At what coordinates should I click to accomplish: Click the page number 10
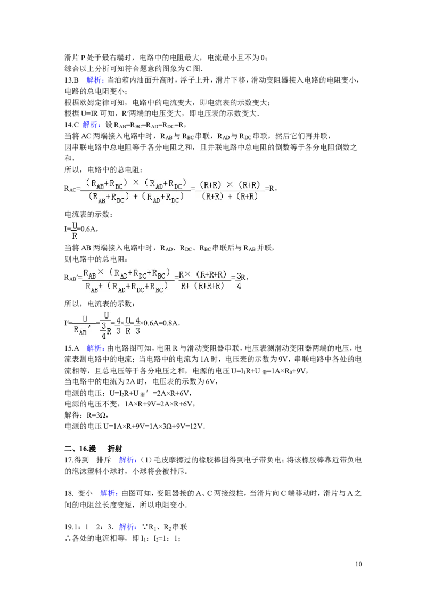tap(358, 564)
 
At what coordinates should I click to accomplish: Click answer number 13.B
tap(71, 80)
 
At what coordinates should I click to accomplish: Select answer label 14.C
tap(71, 125)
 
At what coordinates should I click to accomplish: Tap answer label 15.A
tap(71, 348)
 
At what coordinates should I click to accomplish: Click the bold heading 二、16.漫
tap(80, 449)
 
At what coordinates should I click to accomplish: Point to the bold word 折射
tap(114, 449)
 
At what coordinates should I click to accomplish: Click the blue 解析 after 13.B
tap(95, 80)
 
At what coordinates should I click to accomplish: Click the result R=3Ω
tap(97, 415)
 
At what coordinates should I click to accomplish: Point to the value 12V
tap(197, 427)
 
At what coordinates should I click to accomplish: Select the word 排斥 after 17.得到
tap(104, 460)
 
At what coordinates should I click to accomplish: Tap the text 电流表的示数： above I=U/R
tap(88, 215)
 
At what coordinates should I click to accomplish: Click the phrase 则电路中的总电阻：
tap(96, 259)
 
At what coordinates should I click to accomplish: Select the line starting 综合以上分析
tap(133, 69)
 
